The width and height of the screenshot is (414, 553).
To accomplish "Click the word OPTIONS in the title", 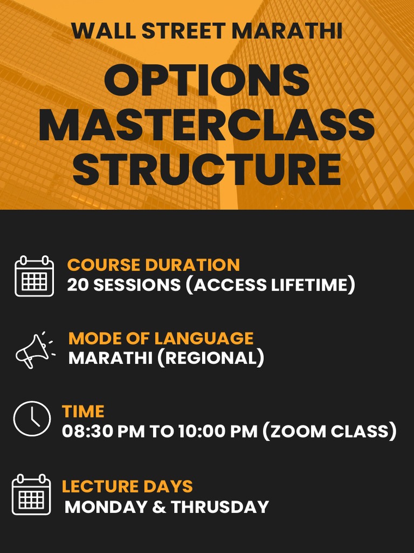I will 206,81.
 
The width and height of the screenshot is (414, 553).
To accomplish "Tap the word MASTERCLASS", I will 206,126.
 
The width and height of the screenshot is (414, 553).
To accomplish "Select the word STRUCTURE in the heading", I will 206,169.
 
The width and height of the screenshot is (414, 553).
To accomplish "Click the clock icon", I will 32,419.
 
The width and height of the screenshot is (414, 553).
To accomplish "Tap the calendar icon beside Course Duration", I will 34,276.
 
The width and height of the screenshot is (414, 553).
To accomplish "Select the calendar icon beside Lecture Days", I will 32,494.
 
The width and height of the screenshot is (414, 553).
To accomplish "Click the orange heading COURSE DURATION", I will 154,265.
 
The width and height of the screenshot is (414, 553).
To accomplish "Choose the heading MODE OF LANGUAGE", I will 161,338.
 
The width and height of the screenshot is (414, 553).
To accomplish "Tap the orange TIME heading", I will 83,412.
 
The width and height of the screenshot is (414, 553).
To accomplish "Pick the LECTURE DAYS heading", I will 127,486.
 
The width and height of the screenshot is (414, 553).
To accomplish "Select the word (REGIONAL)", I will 211,358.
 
